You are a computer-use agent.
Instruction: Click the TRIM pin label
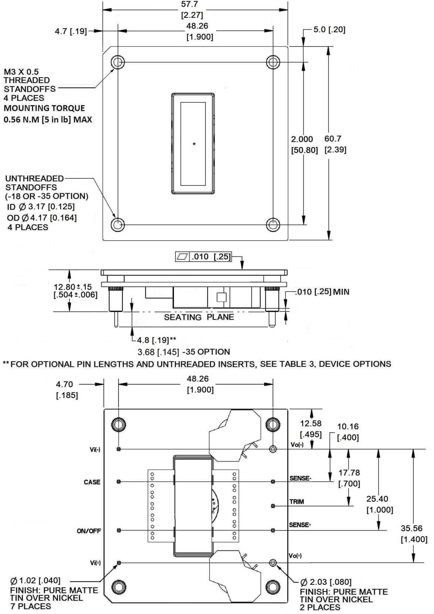(296, 502)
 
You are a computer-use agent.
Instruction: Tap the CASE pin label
(92, 482)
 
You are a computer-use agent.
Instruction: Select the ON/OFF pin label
(89, 531)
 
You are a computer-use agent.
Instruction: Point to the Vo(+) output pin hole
(273, 563)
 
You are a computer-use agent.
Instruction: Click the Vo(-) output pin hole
(273, 449)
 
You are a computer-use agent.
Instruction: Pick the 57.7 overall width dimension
(192, 4)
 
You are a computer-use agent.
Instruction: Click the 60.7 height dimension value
(333, 139)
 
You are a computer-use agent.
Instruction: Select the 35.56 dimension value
(411, 528)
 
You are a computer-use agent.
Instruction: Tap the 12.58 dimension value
(311, 423)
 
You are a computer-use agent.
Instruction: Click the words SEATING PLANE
(199, 317)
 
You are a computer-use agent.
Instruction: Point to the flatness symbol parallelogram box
(182, 256)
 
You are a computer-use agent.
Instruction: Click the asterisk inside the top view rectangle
(194, 144)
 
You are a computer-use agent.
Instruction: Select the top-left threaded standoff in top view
(117, 62)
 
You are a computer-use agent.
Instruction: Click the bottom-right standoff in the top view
(273, 224)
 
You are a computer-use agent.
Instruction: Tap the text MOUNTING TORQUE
(44, 108)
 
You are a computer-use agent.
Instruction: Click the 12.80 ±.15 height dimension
(73, 287)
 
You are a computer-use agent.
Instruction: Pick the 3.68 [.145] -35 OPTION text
(184, 352)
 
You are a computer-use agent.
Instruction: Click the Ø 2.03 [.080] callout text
(326, 583)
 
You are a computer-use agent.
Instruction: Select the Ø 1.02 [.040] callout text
(35, 581)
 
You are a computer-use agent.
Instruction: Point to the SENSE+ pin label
(299, 525)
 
